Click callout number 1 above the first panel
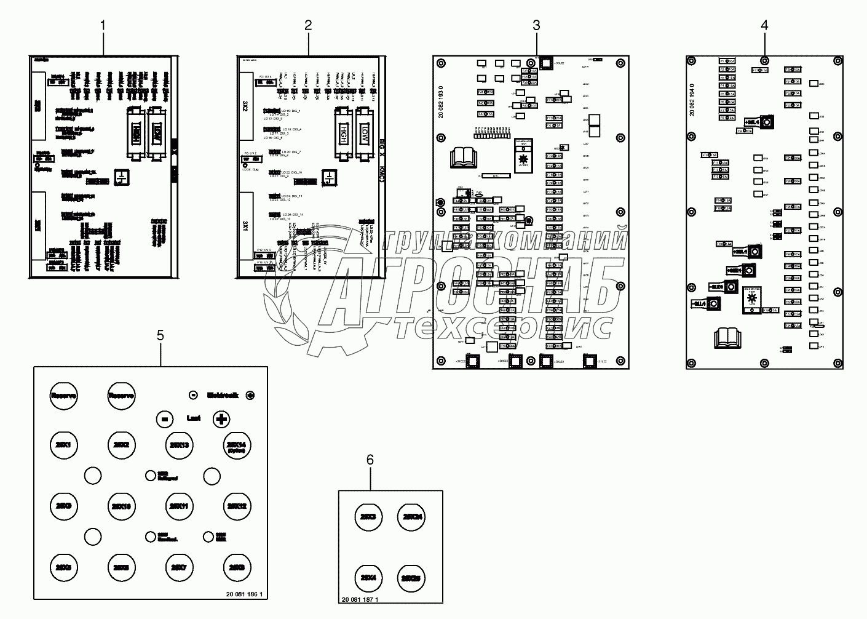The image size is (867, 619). coord(103,26)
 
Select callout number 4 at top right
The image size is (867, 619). coord(764,26)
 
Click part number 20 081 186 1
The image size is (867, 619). coord(244,594)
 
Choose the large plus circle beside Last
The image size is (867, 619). coord(222,419)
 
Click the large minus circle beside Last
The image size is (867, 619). coord(164,419)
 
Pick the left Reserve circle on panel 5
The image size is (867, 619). coord(63,396)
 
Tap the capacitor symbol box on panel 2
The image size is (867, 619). coord(331,178)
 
